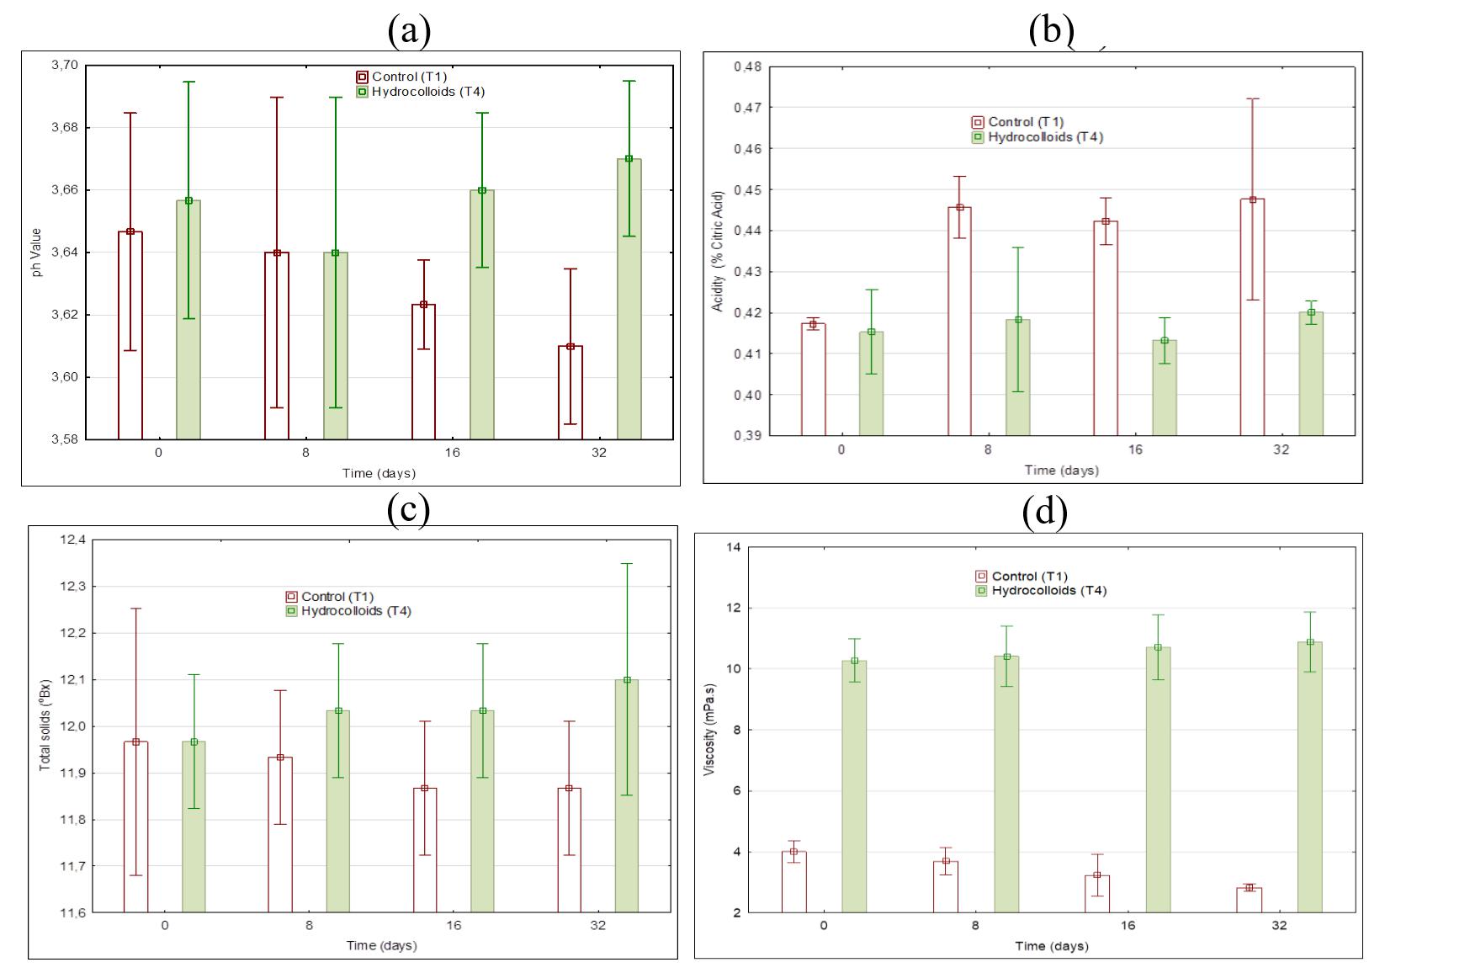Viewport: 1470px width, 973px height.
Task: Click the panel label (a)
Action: point(409,31)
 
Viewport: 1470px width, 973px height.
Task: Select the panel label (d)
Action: point(1044,512)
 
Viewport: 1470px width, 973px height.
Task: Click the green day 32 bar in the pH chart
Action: point(629,299)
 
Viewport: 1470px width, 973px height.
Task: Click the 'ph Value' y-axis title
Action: point(37,253)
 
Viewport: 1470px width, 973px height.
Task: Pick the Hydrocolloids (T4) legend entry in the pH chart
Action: point(421,92)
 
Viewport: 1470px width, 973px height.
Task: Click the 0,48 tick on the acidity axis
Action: point(747,66)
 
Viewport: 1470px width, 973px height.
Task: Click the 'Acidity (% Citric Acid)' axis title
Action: point(718,252)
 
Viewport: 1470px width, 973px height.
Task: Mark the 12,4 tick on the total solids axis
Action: point(72,540)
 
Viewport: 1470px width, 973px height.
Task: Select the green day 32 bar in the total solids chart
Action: point(627,795)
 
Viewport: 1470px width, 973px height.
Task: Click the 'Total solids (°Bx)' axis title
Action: point(45,726)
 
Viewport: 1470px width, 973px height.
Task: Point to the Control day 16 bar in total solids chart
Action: point(425,849)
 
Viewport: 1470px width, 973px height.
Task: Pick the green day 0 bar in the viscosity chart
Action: point(855,786)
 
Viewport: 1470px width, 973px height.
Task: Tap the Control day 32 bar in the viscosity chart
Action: point(1250,900)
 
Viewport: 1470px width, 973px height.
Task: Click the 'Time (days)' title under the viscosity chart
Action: point(1051,946)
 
